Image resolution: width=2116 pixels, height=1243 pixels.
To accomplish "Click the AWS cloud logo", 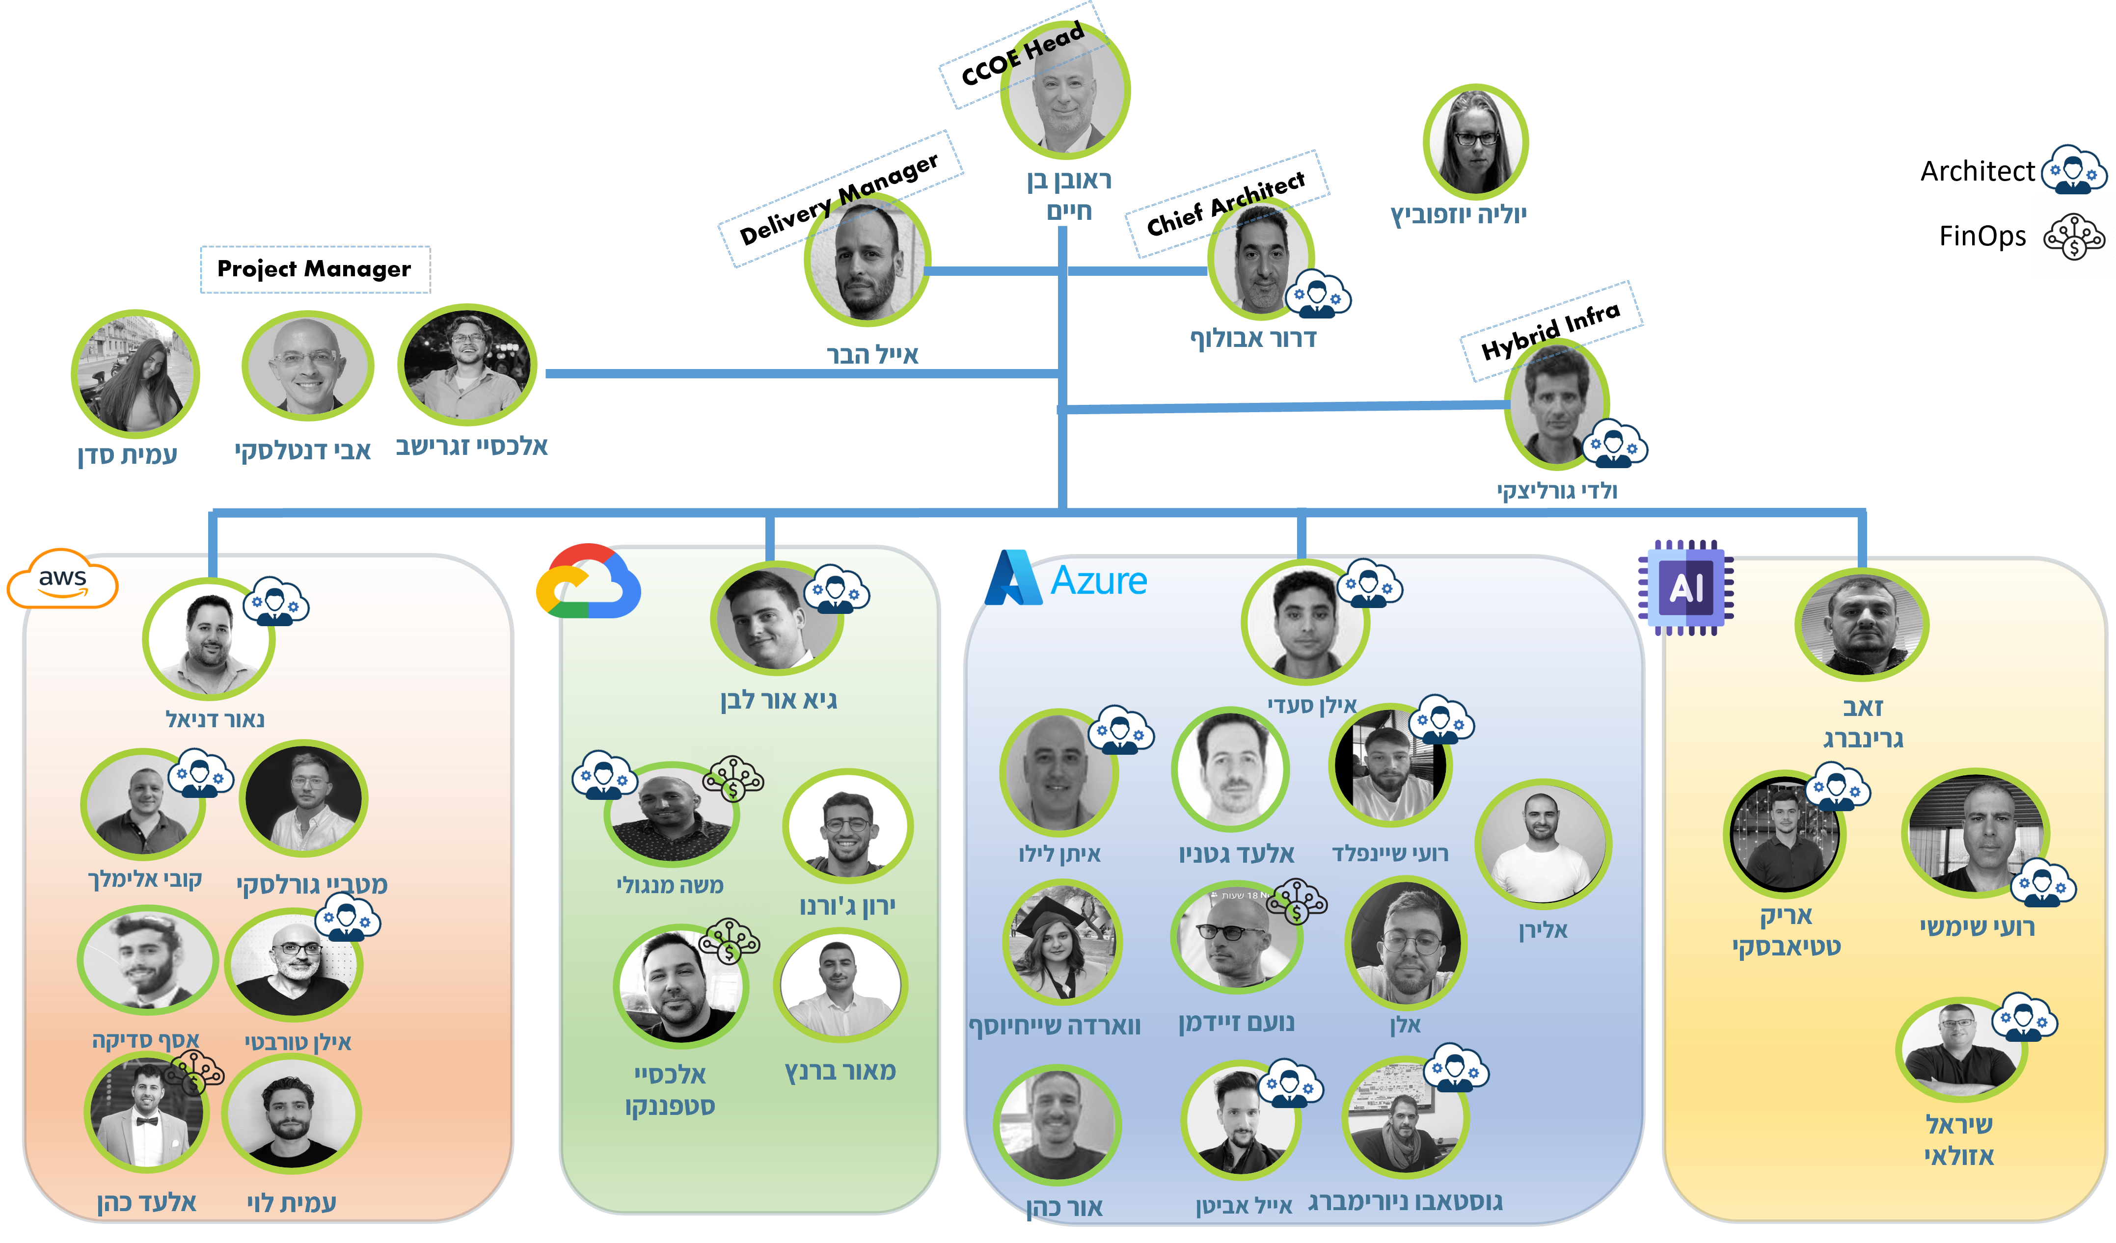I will coord(62,579).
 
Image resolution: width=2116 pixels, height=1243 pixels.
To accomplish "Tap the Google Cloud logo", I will coord(588,582).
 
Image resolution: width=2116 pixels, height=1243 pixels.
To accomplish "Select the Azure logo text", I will coord(1098,581).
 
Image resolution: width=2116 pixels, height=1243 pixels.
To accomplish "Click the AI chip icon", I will coord(1685,587).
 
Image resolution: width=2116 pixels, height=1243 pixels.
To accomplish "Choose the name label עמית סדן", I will coord(128,455).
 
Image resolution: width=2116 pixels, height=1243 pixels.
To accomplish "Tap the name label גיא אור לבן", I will coord(778,700).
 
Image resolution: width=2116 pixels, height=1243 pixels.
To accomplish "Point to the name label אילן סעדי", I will coord(1312,706).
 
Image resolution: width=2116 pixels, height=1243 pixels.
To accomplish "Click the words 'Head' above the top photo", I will coord(1054,42).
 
